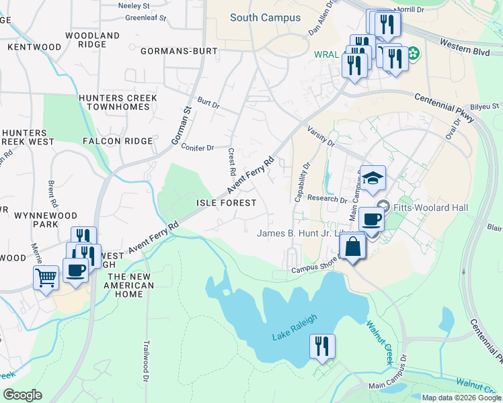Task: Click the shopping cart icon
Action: [x=46, y=275]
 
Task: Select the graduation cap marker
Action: [x=373, y=178]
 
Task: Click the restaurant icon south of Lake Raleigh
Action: [x=322, y=346]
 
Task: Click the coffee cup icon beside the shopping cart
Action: [x=76, y=270]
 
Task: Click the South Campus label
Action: [x=265, y=17]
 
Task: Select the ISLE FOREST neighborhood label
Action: [x=226, y=202]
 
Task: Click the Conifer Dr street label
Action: [x=197, y=147]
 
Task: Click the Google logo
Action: [x=22, y=395]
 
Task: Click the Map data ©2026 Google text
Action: [x=461, y=398]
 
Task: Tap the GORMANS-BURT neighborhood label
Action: [x=179, y=51]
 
